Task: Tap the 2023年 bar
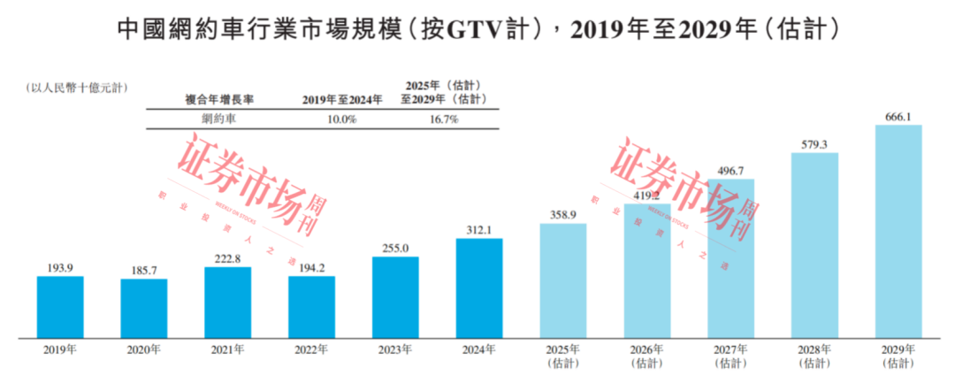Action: (395, 296)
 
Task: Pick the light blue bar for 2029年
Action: (898, 231)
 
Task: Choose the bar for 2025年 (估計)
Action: (563, 280)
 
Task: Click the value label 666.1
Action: (898, 116)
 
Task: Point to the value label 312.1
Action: (479, 230)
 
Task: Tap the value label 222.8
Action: (227, 258)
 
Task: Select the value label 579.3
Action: (814, 144)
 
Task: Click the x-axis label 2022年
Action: (311, 349)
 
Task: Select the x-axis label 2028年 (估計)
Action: (814, 356)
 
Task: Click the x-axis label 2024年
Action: (479, 349)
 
